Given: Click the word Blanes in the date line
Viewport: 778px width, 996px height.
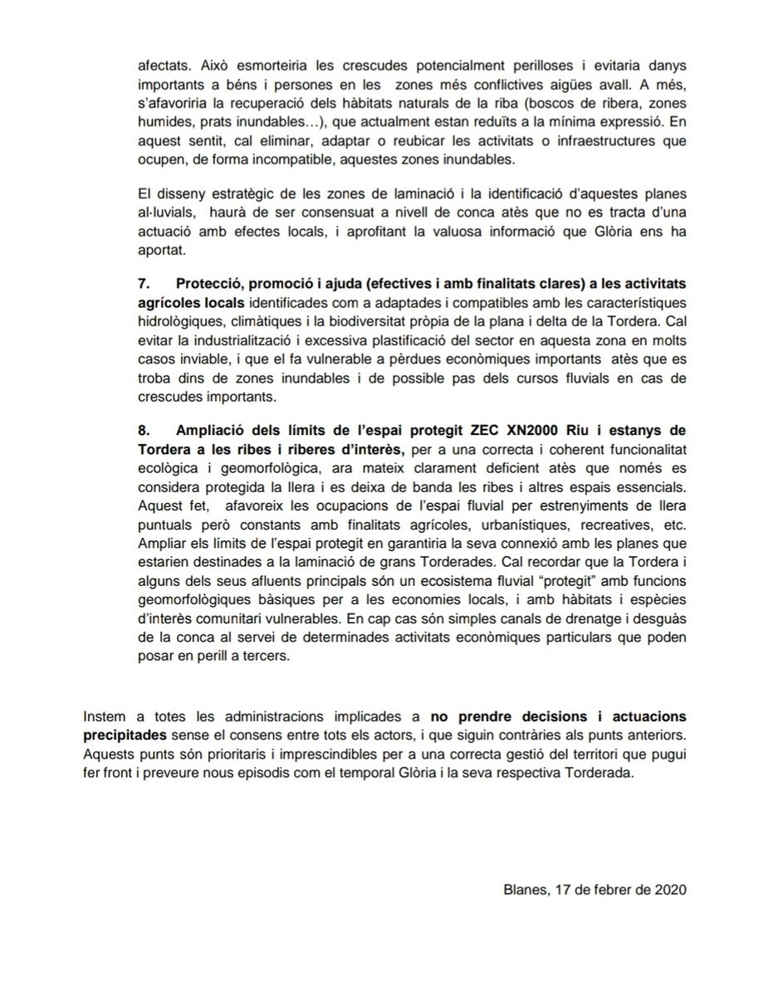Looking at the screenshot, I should [x=522, y=887].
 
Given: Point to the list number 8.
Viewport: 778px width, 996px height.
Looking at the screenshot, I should [x=143, y=427].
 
